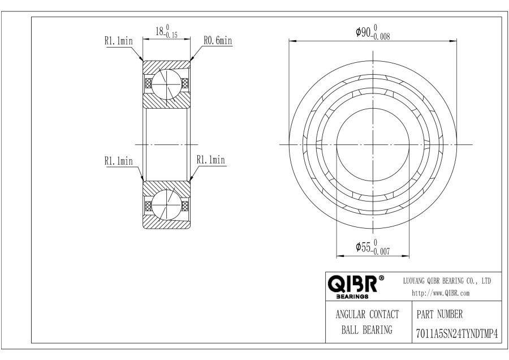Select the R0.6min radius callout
[218, 41]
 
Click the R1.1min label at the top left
[118, 41]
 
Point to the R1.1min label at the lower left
[118, 161]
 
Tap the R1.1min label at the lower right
[211, 161]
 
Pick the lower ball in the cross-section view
[166, 205]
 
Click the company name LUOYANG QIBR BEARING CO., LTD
[447, 280]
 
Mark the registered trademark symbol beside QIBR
[382, 278]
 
